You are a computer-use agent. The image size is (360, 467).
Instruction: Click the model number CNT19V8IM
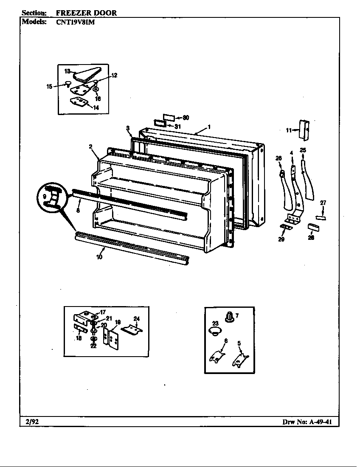pos(75,22)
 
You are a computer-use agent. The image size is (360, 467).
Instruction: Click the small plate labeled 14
pos(79,102)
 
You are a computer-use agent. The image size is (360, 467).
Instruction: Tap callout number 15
pos(49,87)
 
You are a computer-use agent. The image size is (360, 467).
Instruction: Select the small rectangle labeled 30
pos(169,117)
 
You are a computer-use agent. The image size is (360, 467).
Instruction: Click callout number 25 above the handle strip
pos(303,150)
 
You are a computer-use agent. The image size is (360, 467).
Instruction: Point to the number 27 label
pos(323,203)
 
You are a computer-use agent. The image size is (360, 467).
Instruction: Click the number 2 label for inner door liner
pos(91,146)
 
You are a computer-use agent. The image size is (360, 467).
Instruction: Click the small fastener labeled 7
pos(229,318)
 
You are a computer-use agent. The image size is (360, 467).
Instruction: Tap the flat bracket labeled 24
pos(132,329)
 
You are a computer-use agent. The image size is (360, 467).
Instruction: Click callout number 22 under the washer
pos(93,346)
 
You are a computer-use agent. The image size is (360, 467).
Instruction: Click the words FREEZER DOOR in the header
pos(86,13)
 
